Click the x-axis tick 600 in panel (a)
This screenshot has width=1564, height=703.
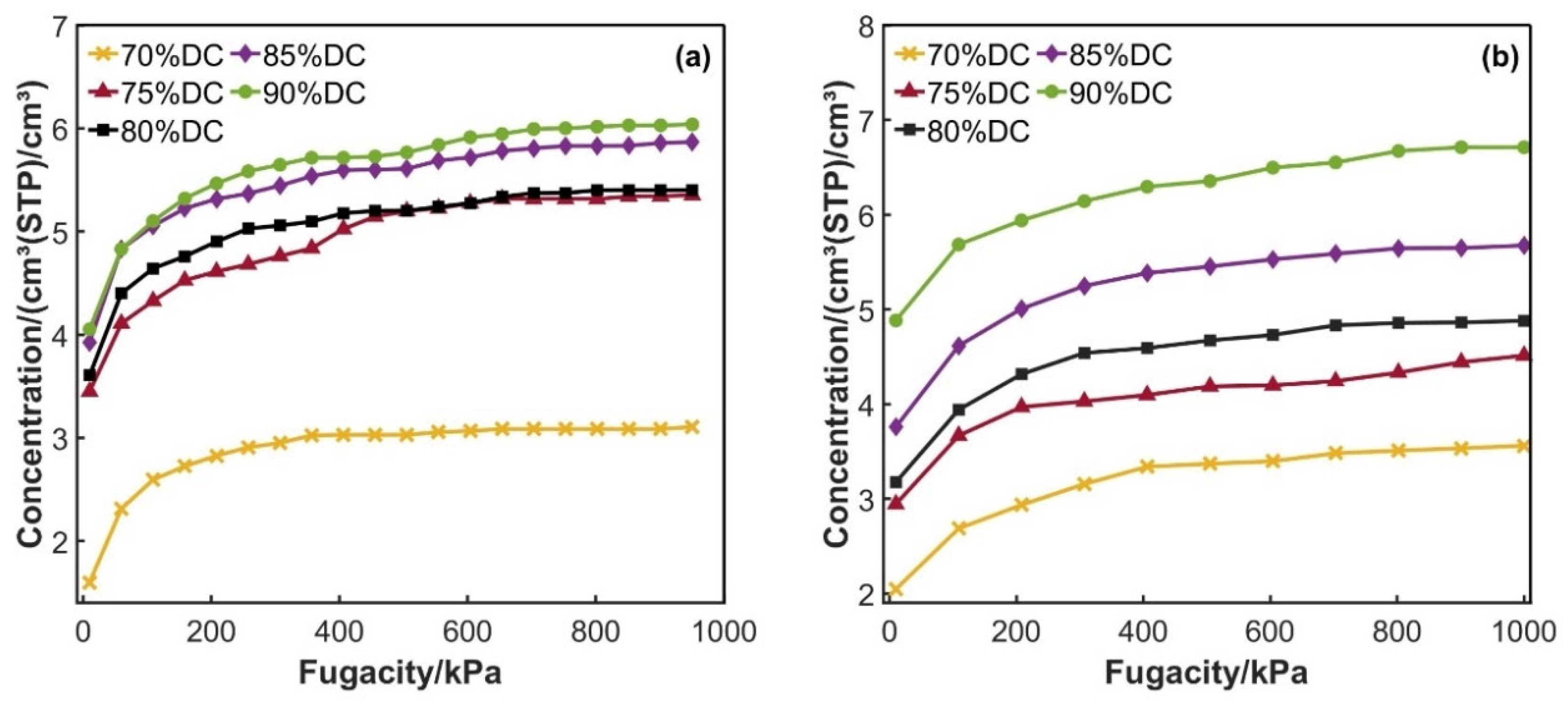pos(467,632)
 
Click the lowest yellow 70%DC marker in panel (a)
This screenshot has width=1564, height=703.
pos(89,583)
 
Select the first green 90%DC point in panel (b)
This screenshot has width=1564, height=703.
pos(896,320)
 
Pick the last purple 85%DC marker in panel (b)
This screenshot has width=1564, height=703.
pos(1524,246)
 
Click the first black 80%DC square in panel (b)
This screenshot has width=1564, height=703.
pos(896,482)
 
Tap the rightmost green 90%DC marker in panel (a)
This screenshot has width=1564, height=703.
pos(692,124)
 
